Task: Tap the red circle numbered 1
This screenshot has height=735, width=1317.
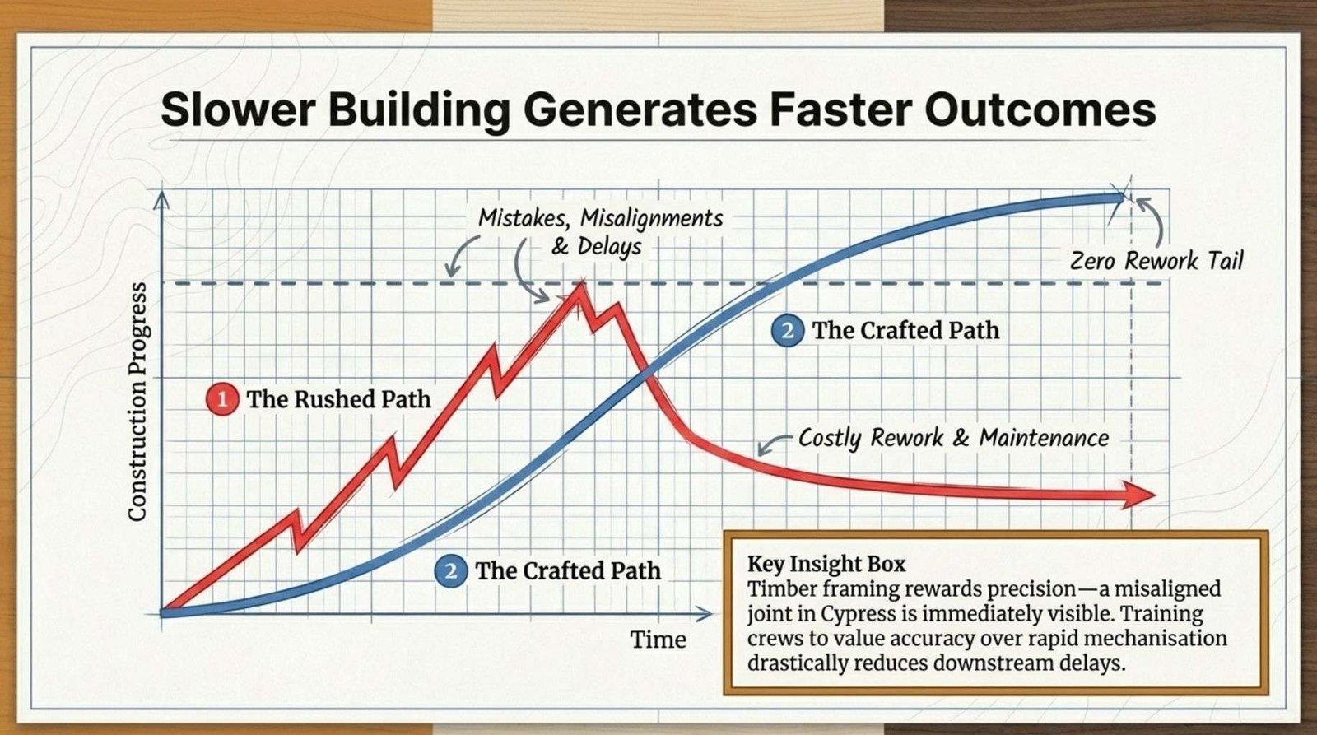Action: (222, 400)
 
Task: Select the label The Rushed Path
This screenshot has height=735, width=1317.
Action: (338, 399)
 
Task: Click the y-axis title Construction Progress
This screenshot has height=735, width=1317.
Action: (137, 402)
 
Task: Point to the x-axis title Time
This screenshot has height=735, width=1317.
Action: (658, 640)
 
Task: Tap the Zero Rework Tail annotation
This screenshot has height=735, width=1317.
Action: (1156, 260)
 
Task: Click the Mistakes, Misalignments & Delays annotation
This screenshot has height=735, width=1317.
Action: (600, 231)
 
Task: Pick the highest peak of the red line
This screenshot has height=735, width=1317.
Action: (581, 284)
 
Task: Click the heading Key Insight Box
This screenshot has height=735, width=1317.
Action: (826, 564)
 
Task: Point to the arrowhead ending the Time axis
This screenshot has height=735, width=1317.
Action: (703, 614)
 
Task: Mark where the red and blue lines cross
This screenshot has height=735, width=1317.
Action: (646, 374)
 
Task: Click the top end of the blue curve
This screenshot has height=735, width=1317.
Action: (1120, 198)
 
